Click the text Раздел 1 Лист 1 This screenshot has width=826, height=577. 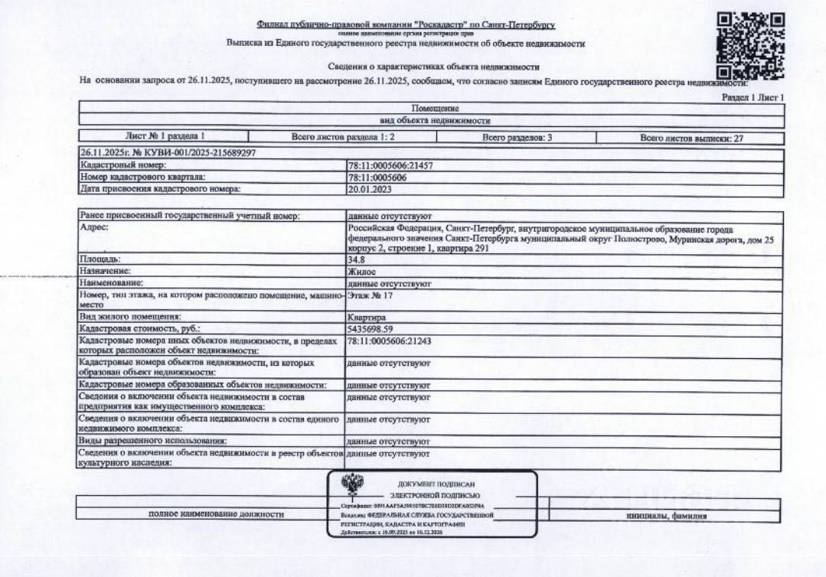pyautogui.click(x=754, y=98)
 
